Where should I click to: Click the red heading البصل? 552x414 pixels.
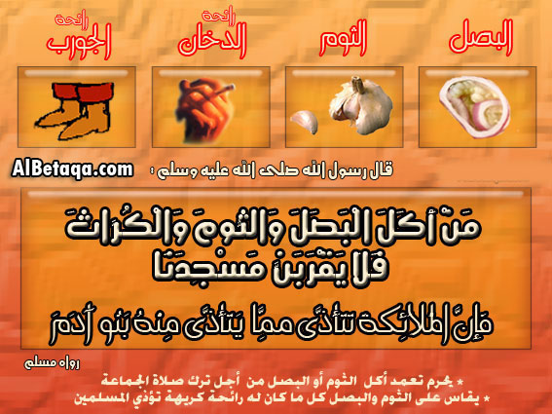tap(481, 38)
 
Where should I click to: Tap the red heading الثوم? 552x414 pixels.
tap(344, 38)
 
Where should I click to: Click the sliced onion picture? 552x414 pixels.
tap(475, 107)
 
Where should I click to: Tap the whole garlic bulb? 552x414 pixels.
tap(360, 105)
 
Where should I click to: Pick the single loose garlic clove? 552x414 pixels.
tap(304, 121)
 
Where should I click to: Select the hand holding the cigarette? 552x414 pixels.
tap(199, 110)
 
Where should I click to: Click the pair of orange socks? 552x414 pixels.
tap(75, 110)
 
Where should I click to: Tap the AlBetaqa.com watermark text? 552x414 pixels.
tap(72, 169)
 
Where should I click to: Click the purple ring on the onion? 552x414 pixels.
tap(489, 113)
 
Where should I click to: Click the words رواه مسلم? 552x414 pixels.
tap(53, 363)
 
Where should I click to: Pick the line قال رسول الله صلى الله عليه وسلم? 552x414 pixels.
tap(271, 170)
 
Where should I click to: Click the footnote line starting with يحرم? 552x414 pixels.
tap(282, 381)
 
